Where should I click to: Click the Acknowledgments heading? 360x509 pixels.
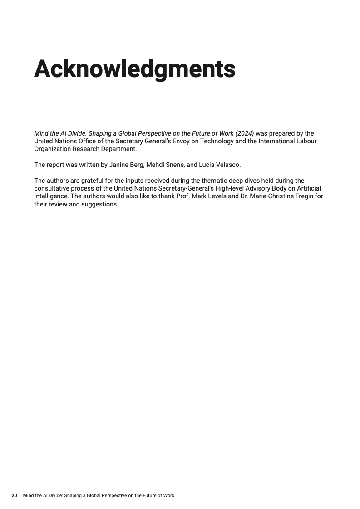135,69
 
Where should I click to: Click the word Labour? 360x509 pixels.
306,141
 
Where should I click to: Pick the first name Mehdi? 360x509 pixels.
156,164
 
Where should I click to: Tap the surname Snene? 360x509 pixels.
176,164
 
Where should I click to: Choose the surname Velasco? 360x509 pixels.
228,164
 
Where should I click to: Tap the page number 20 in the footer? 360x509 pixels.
14,496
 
